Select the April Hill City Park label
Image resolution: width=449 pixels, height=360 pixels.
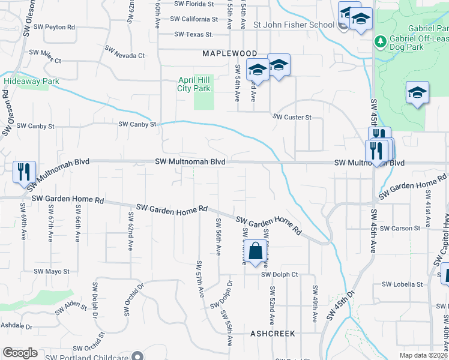coord(194,84)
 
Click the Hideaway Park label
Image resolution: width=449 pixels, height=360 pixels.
coord(26,81)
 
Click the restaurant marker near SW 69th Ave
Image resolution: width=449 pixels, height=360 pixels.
coord(25,172)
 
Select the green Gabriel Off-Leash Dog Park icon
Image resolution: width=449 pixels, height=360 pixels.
coord(379,41)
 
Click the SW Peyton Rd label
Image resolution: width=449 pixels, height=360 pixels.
coord(55,27)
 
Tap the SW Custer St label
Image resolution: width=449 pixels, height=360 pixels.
coord(292,117)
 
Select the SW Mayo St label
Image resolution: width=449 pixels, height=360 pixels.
coord(52,271)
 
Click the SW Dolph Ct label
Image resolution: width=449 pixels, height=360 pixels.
coord(279,275)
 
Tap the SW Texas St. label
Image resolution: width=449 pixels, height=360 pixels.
coord(194,35)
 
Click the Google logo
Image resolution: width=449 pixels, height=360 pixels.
coord(20,353)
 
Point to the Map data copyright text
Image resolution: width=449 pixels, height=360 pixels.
coord(424,355)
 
